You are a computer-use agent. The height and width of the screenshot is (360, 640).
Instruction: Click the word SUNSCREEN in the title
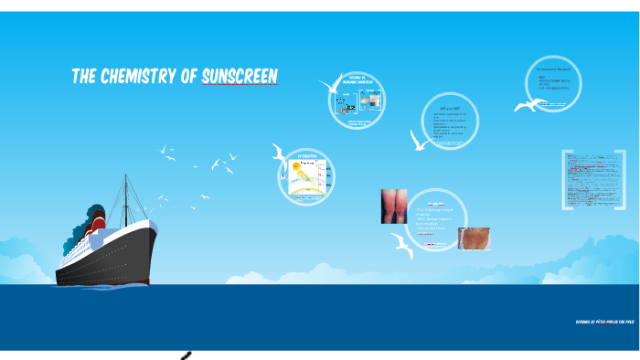[x=240, y=77]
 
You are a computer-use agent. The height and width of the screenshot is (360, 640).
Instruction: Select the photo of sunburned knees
[x=394, y=206]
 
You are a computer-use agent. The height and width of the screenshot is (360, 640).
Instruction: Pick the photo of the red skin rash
[x=474, y=238]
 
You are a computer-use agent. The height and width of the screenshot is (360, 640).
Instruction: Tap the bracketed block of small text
[x=592, y=181]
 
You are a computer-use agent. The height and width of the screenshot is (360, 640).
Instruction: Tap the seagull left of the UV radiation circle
[x=280, y=154]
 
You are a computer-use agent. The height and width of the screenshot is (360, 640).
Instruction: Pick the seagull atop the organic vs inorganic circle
[x=330, y=86]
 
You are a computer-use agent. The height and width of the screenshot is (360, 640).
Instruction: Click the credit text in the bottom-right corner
[x=605, y=323]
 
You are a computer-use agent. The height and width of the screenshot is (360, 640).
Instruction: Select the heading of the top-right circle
[x=554, y=69]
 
